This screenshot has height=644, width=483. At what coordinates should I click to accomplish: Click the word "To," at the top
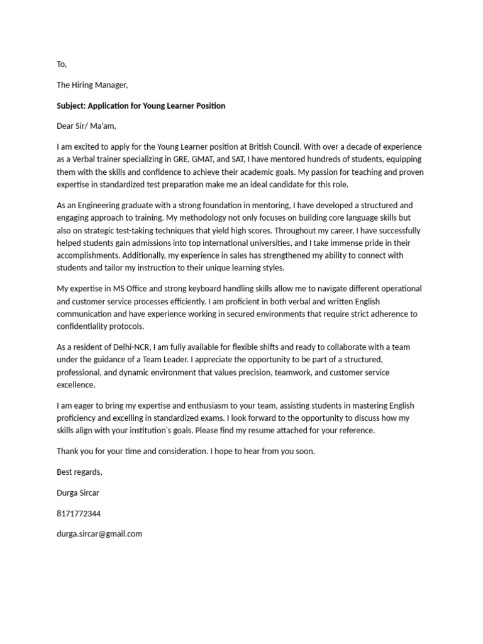tap(62, 64)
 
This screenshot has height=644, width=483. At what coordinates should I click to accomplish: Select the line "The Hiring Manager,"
tap(92, 85)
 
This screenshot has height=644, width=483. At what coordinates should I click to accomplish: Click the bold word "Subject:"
tap(73, 106)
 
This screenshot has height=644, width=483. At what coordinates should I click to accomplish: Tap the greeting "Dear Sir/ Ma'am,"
tap(87, 126)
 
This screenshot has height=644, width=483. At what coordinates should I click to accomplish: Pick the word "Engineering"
tap(95, 206)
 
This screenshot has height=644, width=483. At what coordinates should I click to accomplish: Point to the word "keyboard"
tap(192, 289)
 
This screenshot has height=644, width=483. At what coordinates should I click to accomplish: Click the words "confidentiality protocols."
tap(100, 326)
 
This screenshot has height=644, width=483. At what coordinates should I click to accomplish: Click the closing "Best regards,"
tap(79, 472)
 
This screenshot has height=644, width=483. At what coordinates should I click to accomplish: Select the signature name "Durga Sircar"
tap(78, 492)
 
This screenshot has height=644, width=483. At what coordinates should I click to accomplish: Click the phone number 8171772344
tap(79, 513)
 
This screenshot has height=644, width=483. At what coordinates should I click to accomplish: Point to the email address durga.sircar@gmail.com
tap(99, 534)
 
